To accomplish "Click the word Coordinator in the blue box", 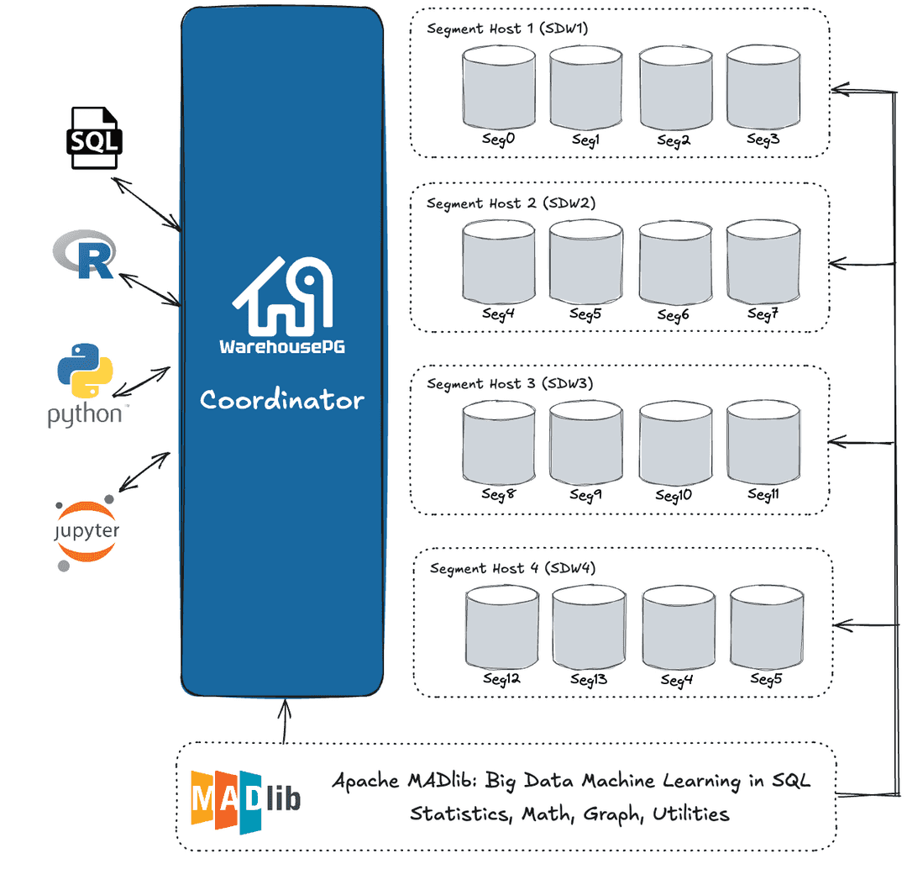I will click(282, 400).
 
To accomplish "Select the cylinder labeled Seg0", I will click(499, 87).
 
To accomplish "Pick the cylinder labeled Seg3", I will click(763, 87).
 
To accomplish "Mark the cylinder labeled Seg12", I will click(502, 629).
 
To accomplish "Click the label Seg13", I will click(589, 679).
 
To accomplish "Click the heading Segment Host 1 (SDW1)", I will click(507, 29).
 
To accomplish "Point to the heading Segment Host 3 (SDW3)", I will click(510, 384).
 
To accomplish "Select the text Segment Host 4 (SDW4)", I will click(513, 569).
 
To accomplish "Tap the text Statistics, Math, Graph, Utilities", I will click(569, 814).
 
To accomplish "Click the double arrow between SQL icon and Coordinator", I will click(148, 203).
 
